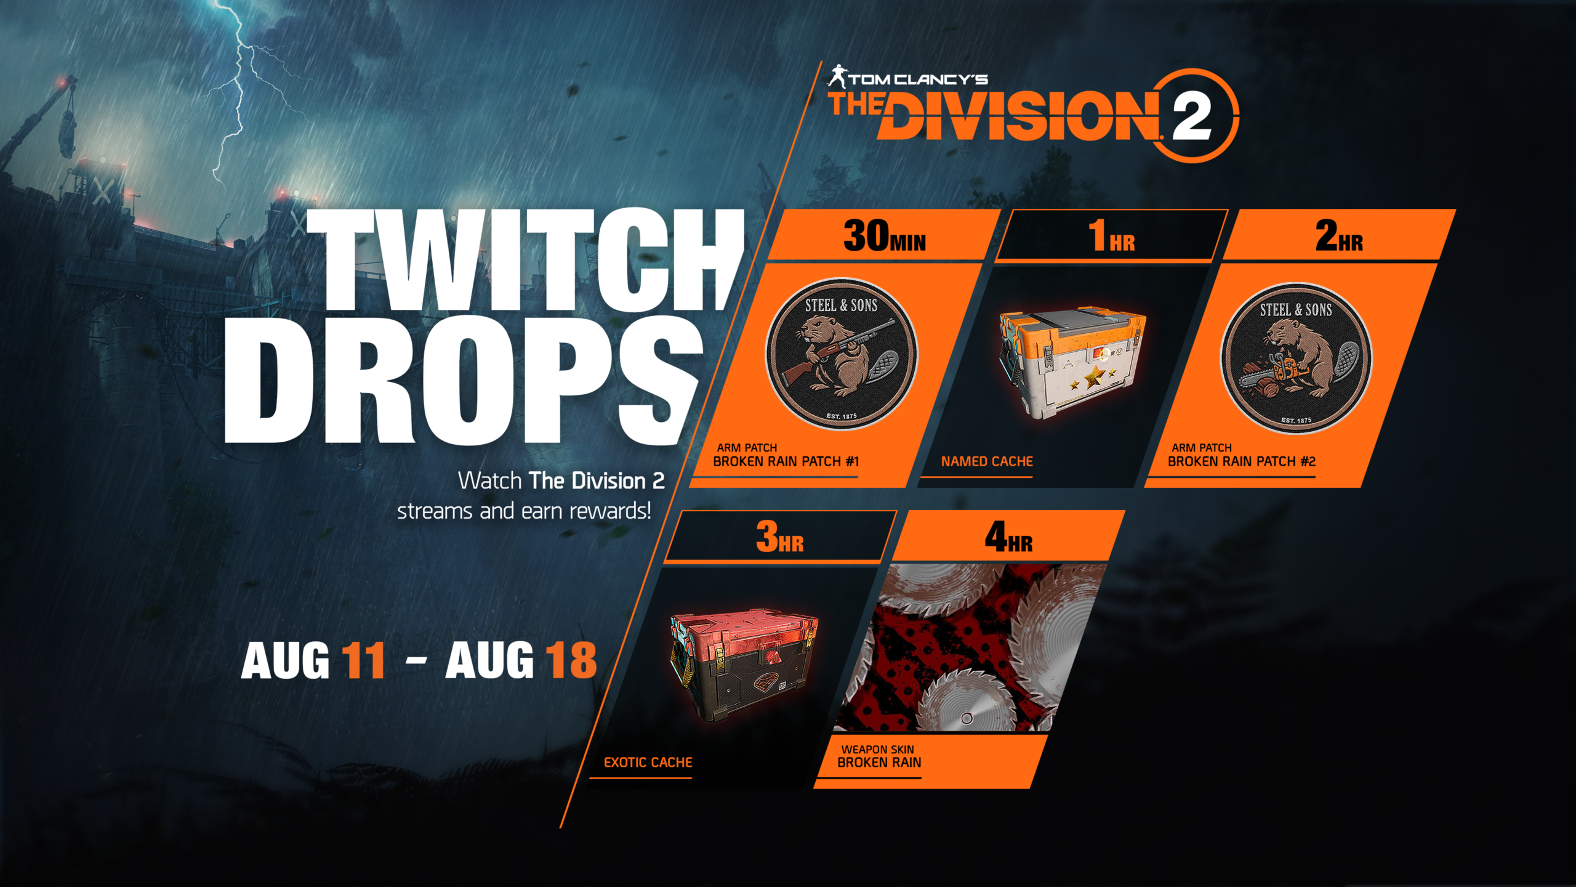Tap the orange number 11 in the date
pos(364,660)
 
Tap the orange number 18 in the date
pos(571,660)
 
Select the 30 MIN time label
pos(885,236)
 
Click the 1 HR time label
pos(1112,236)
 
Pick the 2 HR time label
pos(1340,236)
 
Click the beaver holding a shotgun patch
pos(841,354)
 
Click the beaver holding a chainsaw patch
pos(1296,358)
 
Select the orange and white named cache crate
pos(1072,363)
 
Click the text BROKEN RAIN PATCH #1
pos(786,461)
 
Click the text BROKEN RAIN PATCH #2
pos(1241,461)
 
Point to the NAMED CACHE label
pos(987,461)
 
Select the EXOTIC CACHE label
pos(648,763)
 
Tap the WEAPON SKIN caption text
pos(877,750)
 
